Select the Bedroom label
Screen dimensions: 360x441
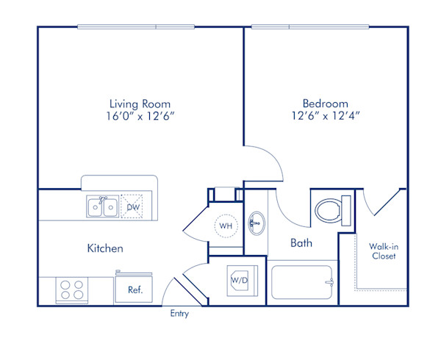325,104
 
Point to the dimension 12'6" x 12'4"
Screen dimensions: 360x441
325,115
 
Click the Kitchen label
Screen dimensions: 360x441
105,248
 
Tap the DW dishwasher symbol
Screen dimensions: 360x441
133,207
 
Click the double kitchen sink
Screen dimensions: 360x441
102,207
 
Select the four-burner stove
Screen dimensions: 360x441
71,289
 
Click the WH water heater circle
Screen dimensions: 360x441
226,226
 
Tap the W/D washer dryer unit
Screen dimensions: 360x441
240,280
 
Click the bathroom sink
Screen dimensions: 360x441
255,221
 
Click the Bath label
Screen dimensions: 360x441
302,242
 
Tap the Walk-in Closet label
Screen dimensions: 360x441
383,251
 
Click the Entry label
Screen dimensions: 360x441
179,314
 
